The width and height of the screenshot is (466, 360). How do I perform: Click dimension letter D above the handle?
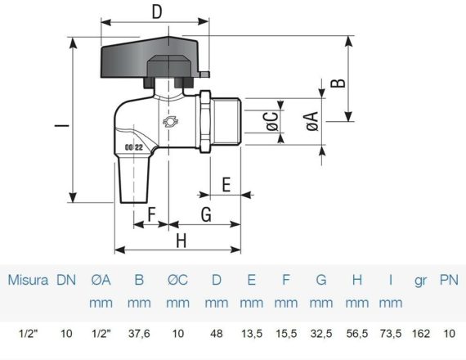[x=157, y=12]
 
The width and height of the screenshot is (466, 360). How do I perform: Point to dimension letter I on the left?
[x=62, y=125]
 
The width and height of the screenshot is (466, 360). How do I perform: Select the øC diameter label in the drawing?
[x=272, y=121]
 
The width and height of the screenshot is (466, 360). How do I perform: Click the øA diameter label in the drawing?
[x=312, y=121]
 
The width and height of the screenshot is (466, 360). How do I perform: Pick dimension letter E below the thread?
[x=226, y=184]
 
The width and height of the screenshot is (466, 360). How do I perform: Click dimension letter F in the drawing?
[x=151, y=214]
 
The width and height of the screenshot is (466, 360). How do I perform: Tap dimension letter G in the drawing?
[x=206, y=214]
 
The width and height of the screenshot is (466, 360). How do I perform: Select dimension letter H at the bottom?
[x=181, y=241]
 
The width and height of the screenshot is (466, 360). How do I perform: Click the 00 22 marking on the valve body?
[x=134, y=147]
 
